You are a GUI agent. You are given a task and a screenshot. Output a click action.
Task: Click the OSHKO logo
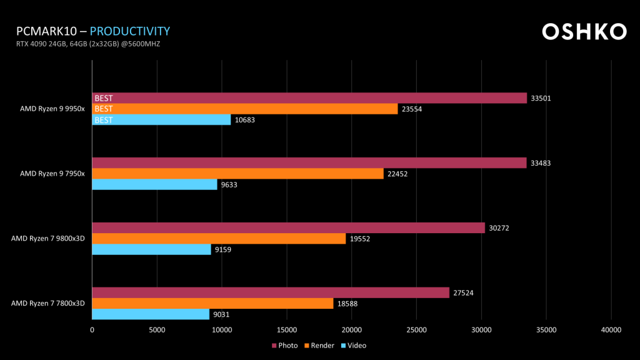pos(584,32)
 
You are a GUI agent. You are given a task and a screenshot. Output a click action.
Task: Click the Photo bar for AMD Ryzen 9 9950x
pos(309,98)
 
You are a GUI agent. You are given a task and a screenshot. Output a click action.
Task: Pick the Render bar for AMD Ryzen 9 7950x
pos(237,174)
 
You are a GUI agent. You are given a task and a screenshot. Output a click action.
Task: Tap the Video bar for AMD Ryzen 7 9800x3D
pos(151,250)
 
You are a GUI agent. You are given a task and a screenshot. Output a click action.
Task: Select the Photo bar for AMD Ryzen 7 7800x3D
pos(271,292)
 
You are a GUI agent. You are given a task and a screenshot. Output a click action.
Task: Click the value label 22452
pos(397,174)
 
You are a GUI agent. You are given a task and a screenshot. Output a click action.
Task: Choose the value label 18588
pos(347,304)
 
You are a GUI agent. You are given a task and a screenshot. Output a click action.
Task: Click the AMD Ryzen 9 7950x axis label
pos(52,174)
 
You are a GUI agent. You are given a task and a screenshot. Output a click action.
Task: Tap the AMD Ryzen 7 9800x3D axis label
pos(48,239)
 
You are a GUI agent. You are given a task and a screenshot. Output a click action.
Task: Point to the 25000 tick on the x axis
pos(416,330)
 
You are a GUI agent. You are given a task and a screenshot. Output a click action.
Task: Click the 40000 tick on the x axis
pos(611,330)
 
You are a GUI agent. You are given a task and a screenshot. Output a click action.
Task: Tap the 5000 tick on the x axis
pos(157,330)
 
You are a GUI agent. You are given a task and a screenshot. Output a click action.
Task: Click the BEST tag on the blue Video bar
pos(104,120)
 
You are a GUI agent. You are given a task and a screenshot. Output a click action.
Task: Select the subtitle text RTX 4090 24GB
pos(43,44)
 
